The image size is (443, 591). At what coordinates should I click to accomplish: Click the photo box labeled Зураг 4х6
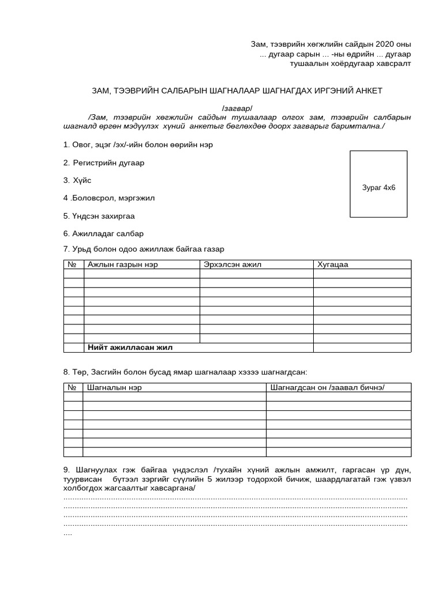click(x=378, y=184)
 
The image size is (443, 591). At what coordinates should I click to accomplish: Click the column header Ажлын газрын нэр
click(x=122, y=264)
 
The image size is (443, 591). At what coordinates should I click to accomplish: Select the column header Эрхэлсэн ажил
click(x=232, y=264)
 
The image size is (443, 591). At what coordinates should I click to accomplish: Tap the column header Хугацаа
click(x=333, y=264)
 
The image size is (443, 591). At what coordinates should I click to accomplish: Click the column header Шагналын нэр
click(x=114, y=387)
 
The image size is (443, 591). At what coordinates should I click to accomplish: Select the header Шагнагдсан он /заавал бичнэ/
click(x=327, y=387)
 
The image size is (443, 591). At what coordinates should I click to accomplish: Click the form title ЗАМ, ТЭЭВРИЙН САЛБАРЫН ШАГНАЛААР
click(x=236, y=91)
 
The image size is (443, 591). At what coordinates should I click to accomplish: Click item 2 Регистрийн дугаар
click(x=104, y=163)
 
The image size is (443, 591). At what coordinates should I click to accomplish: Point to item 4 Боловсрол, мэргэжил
click(x=109, y=198)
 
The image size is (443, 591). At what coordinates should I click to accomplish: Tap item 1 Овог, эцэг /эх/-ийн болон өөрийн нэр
click(x=138, y=144)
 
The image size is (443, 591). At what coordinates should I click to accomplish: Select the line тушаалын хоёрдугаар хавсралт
click(x=350, y=63)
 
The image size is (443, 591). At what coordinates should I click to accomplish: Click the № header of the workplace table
click(x=73, y=264)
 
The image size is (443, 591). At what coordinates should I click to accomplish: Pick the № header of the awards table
click(x=73, y=387)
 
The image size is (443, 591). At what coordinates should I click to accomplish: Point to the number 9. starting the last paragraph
click(x=66, y=470)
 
